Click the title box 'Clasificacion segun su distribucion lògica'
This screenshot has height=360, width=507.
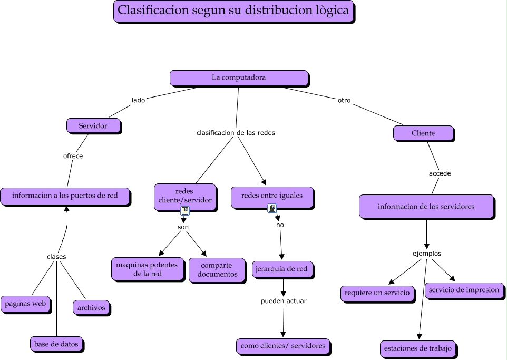pos(233,11)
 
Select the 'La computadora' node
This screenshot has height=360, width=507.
pos(239,77)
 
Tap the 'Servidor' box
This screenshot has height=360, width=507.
pos(93,125)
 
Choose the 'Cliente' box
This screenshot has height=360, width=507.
pos(423,133)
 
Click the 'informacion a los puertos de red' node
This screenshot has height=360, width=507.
pos(65,196)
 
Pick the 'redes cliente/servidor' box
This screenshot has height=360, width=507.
pos(185,196)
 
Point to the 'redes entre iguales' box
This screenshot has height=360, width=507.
pos(272,196)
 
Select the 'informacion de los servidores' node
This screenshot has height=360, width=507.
pos(426,206)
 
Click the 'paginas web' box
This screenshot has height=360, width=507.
pos(26,304)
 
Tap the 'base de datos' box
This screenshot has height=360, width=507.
pos(56,344)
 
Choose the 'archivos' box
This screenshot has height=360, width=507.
pos(91,307)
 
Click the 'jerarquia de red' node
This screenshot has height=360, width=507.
pos(281,269)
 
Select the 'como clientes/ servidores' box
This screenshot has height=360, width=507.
pos(283,346)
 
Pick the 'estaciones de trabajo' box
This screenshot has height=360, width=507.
pos(418,348)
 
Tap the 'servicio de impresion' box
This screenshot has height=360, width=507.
pos(464,290)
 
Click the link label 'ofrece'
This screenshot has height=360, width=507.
pos(73,156)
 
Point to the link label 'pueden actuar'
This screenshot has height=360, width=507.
pos(284,301)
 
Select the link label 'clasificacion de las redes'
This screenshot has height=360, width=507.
pos(236,133)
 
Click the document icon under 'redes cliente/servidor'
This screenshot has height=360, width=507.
pos(185,211)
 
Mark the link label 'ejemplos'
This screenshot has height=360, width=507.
pos(426,254)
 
